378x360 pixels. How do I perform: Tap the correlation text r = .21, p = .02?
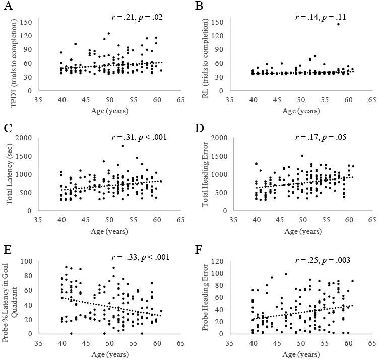click(x=137, y=17)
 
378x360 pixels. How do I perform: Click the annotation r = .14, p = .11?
click(x=320, y=17)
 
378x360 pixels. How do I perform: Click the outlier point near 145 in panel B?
click(x=338, y=24)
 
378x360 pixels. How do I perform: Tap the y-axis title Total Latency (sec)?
click(x=10, y=171)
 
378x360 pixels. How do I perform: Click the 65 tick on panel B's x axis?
click(x=371, y=99)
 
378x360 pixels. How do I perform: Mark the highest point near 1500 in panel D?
click(x=302, y=156)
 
